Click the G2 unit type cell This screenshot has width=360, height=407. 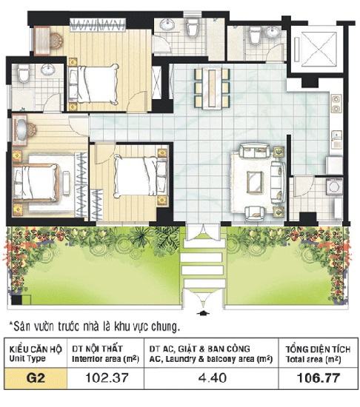tap(36, 378)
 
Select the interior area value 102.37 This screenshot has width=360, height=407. tap(107, 377)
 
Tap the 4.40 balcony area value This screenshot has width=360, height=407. tap(212, 377)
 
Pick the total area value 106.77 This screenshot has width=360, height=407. tap(319, 377)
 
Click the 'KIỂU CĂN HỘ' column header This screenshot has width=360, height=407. tap(36, 349)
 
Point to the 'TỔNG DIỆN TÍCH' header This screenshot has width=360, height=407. tap(319, 349)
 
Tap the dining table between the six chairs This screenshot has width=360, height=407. tap(212, 88)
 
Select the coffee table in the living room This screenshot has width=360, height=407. tap(255, 182)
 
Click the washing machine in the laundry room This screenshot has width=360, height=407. tap(335, 186)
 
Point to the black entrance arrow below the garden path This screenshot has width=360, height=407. tap(203, 312)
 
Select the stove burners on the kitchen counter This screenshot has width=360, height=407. tap(336, 104)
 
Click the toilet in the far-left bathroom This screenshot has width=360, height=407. tap(24, 73)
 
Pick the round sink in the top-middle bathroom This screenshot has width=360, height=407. tap(167, 24)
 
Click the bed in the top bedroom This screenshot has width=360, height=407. tap(93, 84)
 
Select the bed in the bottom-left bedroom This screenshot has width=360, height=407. tap(36, 183)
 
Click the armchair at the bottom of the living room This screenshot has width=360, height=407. tap(255, 213)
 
